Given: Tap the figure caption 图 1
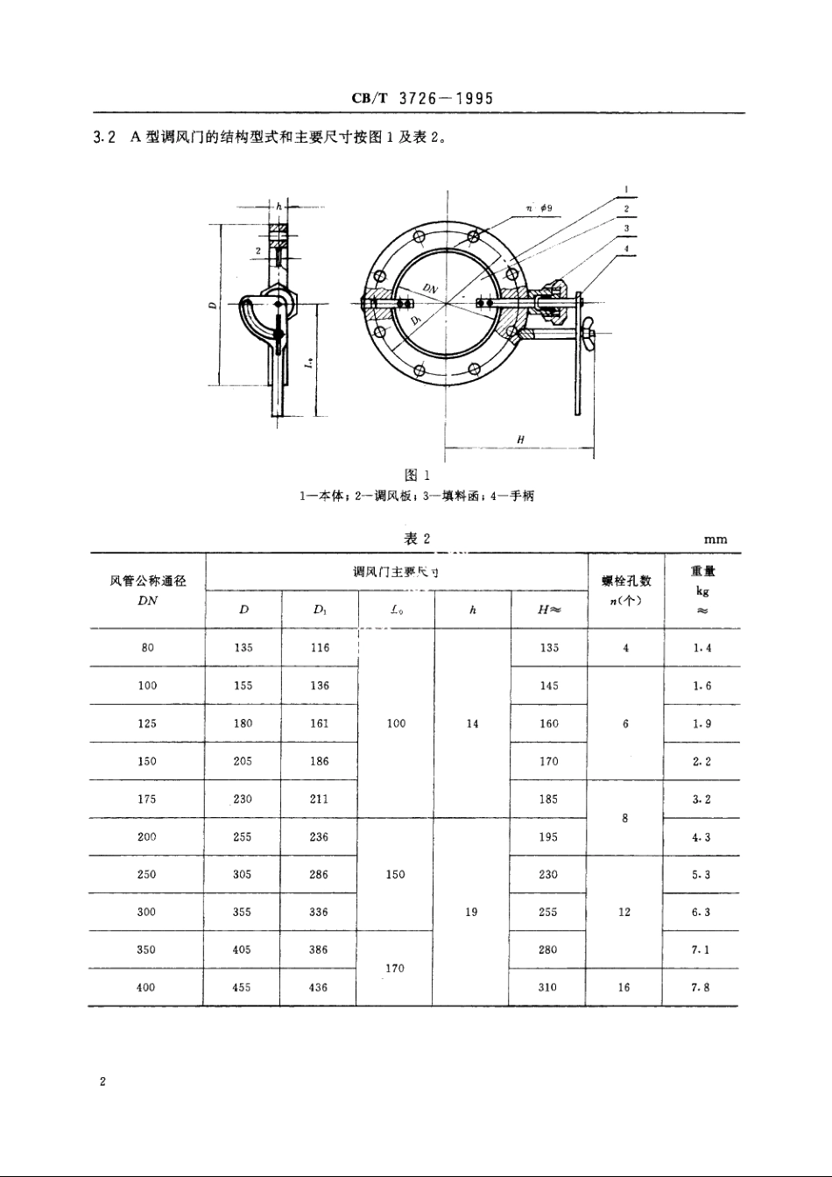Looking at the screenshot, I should [x=416, y=475].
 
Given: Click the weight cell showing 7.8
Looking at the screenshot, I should [x=701, y=987].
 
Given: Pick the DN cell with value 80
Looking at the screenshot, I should [x=147, y=648].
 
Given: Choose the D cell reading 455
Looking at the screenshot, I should [x=242, y=987].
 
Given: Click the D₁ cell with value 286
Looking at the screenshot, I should [x=319, y=874].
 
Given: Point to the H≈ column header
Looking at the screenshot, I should [x=548, y=610].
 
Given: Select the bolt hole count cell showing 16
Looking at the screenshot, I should [x=624, y=987].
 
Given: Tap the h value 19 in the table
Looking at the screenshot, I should [x=471, y=912].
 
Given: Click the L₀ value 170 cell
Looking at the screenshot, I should [x=395, y=969].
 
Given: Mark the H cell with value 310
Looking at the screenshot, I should [x=548, y=987].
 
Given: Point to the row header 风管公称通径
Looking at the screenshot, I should [x=147, y=581].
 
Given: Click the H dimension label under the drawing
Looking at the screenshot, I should [x=519, y=440].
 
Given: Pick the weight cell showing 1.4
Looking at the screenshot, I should [x=701, y=648].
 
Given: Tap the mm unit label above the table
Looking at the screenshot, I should [x=715, y=539].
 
